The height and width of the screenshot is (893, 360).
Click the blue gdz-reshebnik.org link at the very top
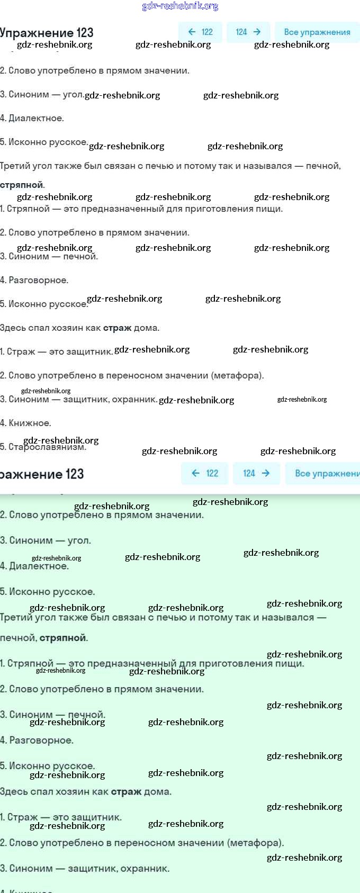coord(180,6)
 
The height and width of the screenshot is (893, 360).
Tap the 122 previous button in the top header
coord(200,32)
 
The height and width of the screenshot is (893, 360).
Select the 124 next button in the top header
coord(248,32)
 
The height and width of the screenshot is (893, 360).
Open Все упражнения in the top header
coord(317,32)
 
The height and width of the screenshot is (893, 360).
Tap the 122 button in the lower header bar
coord(204,473)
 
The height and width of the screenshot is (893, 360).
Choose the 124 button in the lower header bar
coord(256,473)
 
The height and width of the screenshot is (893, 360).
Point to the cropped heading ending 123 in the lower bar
coord(42,474)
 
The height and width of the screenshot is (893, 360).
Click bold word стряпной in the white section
coord(22,185)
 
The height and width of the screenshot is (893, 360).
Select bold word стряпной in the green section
coord(62,638)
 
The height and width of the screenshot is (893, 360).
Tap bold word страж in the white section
coord(117,328)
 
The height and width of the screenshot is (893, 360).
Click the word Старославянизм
coord(47,447)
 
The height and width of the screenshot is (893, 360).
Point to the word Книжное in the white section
coord(30,423)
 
